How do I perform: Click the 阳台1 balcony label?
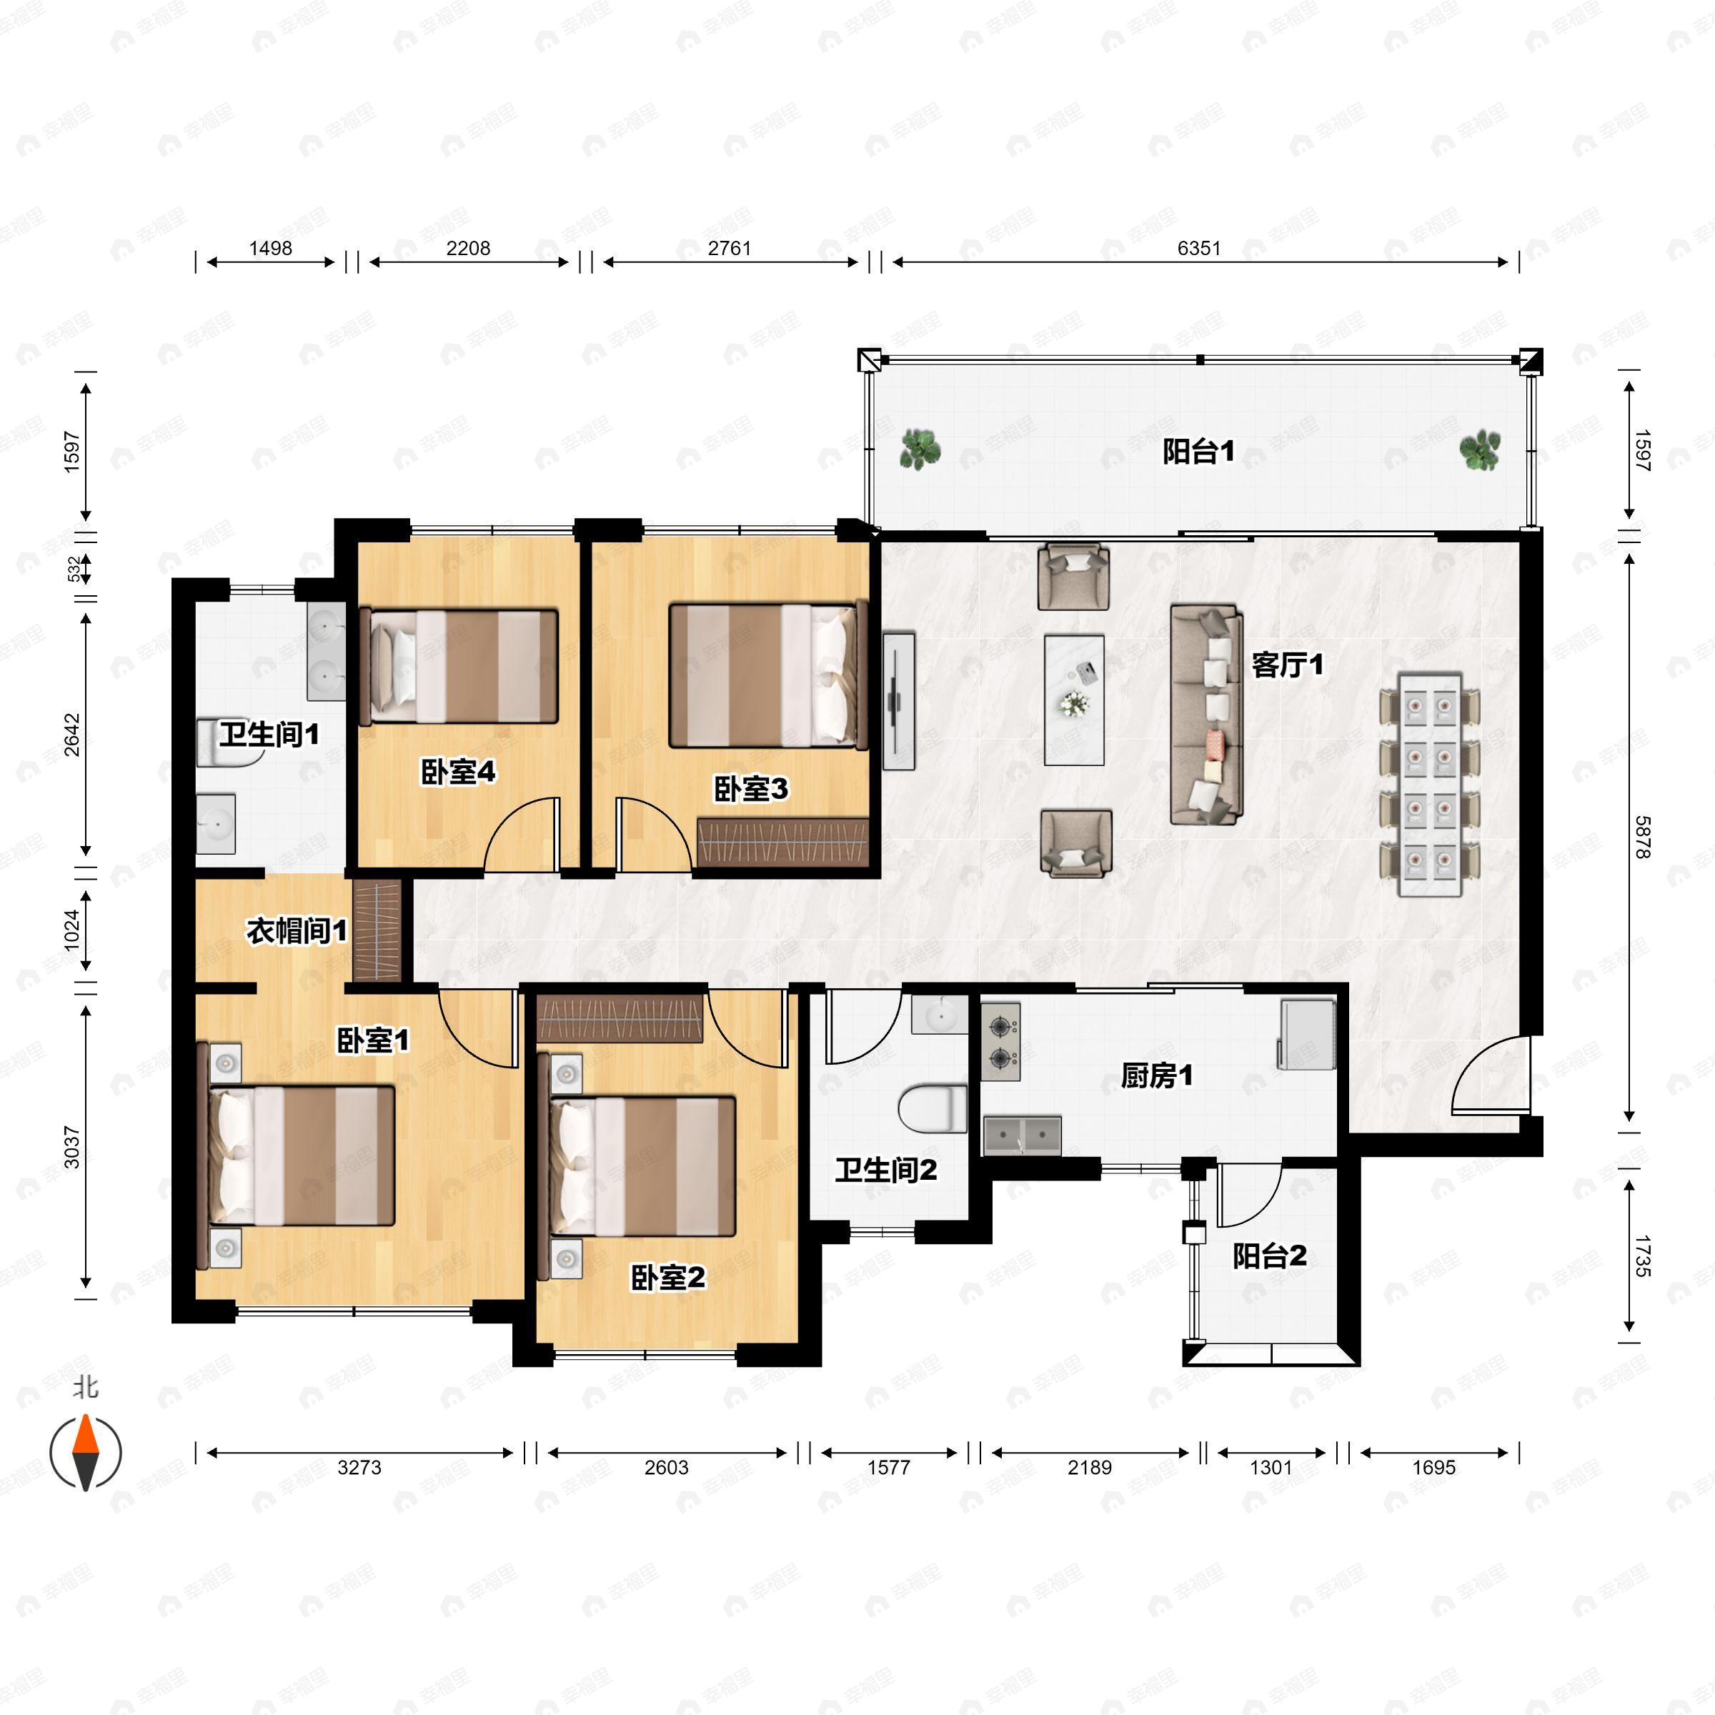click(x=1198, y=452)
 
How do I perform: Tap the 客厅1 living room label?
click(x=1287, y=664)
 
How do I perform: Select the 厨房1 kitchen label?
click(x=1157, y=1076)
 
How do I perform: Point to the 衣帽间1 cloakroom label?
click(x=297, y=931)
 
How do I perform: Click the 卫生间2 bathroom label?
click(x=886, y=1170)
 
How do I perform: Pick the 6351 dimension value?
click(x=1198, y=249)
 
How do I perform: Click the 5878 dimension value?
click(x=1641, y=837)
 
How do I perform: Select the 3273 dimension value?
click(x=359, y=1467)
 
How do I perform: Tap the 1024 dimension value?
click(x=72, y=930)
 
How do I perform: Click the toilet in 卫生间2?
click(x=932, y=1109)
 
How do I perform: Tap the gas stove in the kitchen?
click(x=1000, y=1042)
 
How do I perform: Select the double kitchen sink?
click(x=1022, y=1135)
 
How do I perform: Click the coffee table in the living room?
click(x=1074, y=700)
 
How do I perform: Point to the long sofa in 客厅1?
click(x=1206, y=715)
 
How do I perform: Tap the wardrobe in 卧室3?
click(x=782, y=842)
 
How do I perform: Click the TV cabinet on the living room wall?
click(x=898, y=700)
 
